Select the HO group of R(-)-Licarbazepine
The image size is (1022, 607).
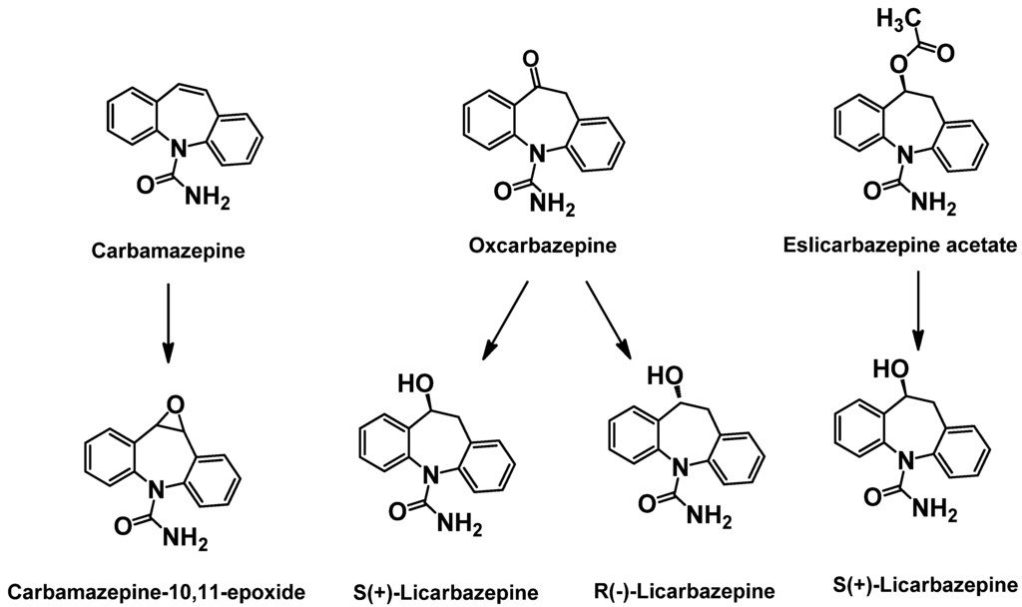(666, 377)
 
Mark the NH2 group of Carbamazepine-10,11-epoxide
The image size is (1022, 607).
(187, 542)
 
